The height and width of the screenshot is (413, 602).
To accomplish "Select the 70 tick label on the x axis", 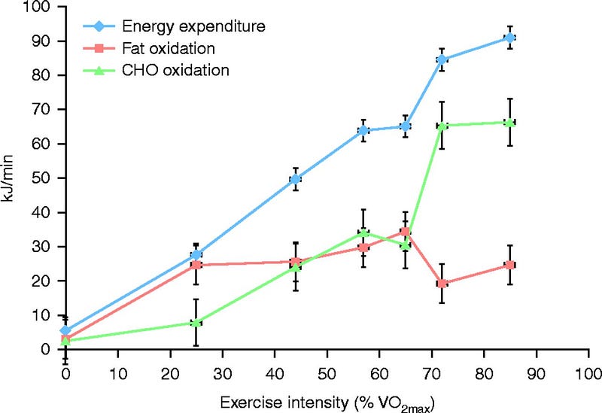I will pyautogui.click(x=431, y=372).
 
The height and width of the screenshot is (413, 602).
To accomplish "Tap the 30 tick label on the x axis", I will pyautogui.click(x=222, y=372).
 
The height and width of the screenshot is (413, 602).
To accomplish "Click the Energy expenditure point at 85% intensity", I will pyautogui.click(x=510, y=38).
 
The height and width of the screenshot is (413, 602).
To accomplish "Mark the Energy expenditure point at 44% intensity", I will pyautogui.click(x=296, y=179).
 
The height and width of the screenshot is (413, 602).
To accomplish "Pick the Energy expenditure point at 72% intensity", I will pyautogui.click(x=442, y=59).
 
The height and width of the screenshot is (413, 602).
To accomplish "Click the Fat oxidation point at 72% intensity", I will pyautogui.click(x=442, y=284).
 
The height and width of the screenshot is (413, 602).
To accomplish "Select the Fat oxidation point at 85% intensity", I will pyautogui.click(x=510, y=265).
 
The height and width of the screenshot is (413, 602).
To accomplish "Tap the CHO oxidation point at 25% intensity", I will pyautogui.click(x=196, y=323).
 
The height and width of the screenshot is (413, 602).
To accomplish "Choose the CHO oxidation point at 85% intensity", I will pyautogui.click(x=510, y=123).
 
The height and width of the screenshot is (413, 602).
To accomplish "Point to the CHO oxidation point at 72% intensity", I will pyautogui.click(x=442, y=125).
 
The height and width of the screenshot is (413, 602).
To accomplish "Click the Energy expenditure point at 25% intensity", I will pyautogui.click(x=196, y=255).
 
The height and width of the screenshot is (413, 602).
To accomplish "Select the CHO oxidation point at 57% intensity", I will pyautogui.click(x=363, y=232).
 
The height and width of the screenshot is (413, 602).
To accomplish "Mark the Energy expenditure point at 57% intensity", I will pyautogui.click(x=363, y=130).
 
